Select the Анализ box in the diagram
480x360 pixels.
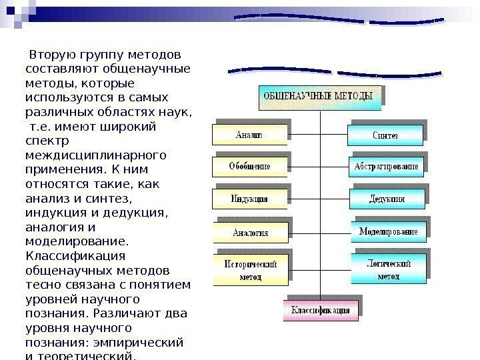(249, 135)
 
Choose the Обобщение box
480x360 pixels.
(249, 166)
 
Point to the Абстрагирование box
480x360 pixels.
(386, 166)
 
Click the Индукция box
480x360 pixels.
(249, 199)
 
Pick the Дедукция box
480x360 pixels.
(387, 199)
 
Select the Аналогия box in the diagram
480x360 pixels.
(250, 233)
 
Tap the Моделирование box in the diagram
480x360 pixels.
(388, 231)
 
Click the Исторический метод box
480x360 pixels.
(250, 269)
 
